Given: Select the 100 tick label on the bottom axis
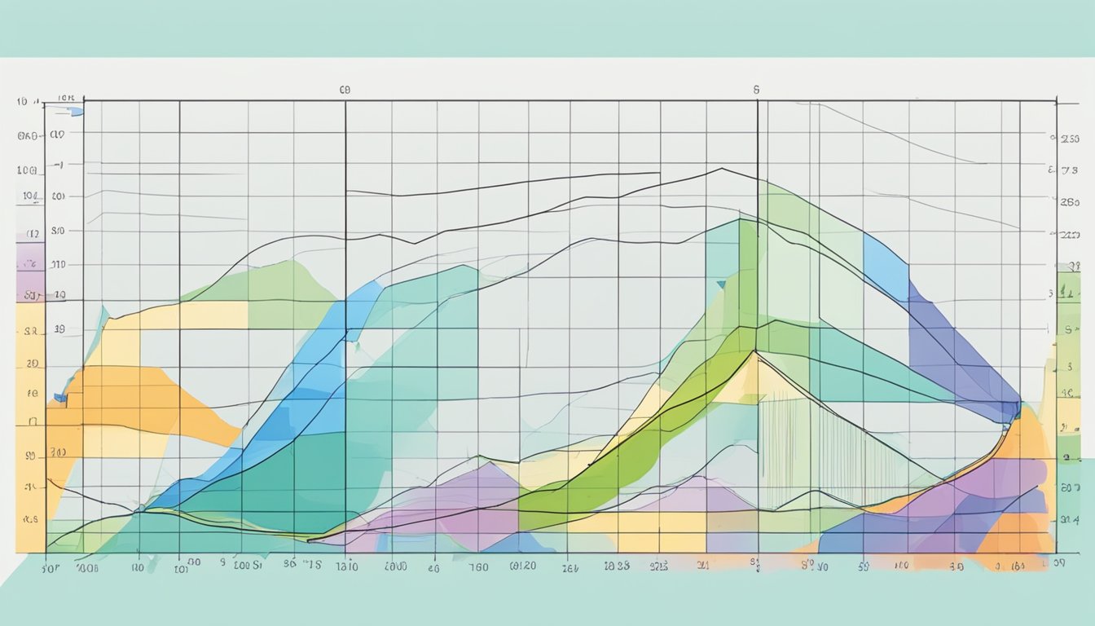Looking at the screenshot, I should coord(901,565).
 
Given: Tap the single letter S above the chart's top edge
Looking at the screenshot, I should coord(756,90).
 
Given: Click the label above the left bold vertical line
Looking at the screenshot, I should coord(344,90).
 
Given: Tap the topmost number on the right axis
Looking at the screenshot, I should coord(1070,139).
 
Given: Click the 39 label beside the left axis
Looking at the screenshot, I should coord(58,331).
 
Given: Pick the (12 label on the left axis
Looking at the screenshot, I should coord(33,234).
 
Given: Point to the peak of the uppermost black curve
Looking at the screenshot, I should coord(721,169).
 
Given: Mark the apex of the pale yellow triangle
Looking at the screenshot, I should coord(754,353).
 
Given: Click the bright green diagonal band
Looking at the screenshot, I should coord(652,440).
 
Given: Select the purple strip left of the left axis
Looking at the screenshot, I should coord(30,272).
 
